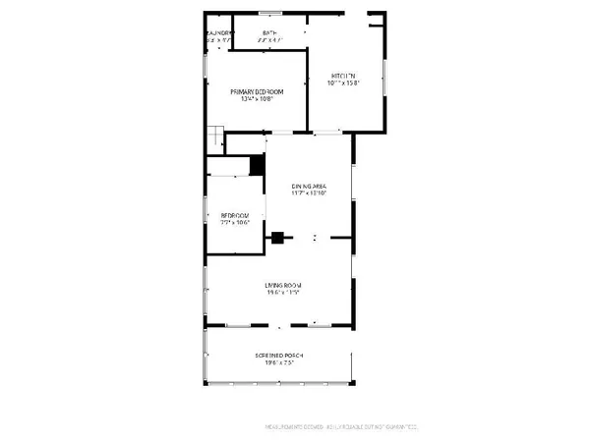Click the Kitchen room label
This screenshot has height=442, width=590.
pyautogui.click(x=343, y=75)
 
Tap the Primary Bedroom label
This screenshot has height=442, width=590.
pyautogui.click(x=257, y=91)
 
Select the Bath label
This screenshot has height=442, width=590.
pyautogui.click(x=269, y=33)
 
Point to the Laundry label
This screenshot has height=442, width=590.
pyautogui.click(x=218, y=33)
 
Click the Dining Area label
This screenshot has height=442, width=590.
pyautogui.click(x=308, y=186)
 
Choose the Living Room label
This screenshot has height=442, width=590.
pyautogui.click(x=281, y=285)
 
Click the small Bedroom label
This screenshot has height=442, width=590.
pyautogui.click(x=234, y=215)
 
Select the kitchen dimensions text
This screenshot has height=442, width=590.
pyautogui.click(x=343, y=83)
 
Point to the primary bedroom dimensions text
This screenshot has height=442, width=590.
pyautogui.click(x=257, y=99)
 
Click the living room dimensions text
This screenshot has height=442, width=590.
pyautogui.click(x=281, y=293)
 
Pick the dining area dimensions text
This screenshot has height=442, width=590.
pyautogui.click(x=308, y=193)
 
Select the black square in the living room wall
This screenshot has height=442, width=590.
pyautogui.click(x=278, y=237)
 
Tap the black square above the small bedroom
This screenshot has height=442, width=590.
pyautogui.click(x=257, y=165)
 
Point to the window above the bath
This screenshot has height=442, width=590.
pyautogui.click(x=270, y=13)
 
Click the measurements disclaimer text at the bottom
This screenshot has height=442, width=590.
pyautogui.click(x=342, y=426)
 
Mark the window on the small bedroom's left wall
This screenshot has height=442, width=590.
pyautogui.click(x=206, y=212)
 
